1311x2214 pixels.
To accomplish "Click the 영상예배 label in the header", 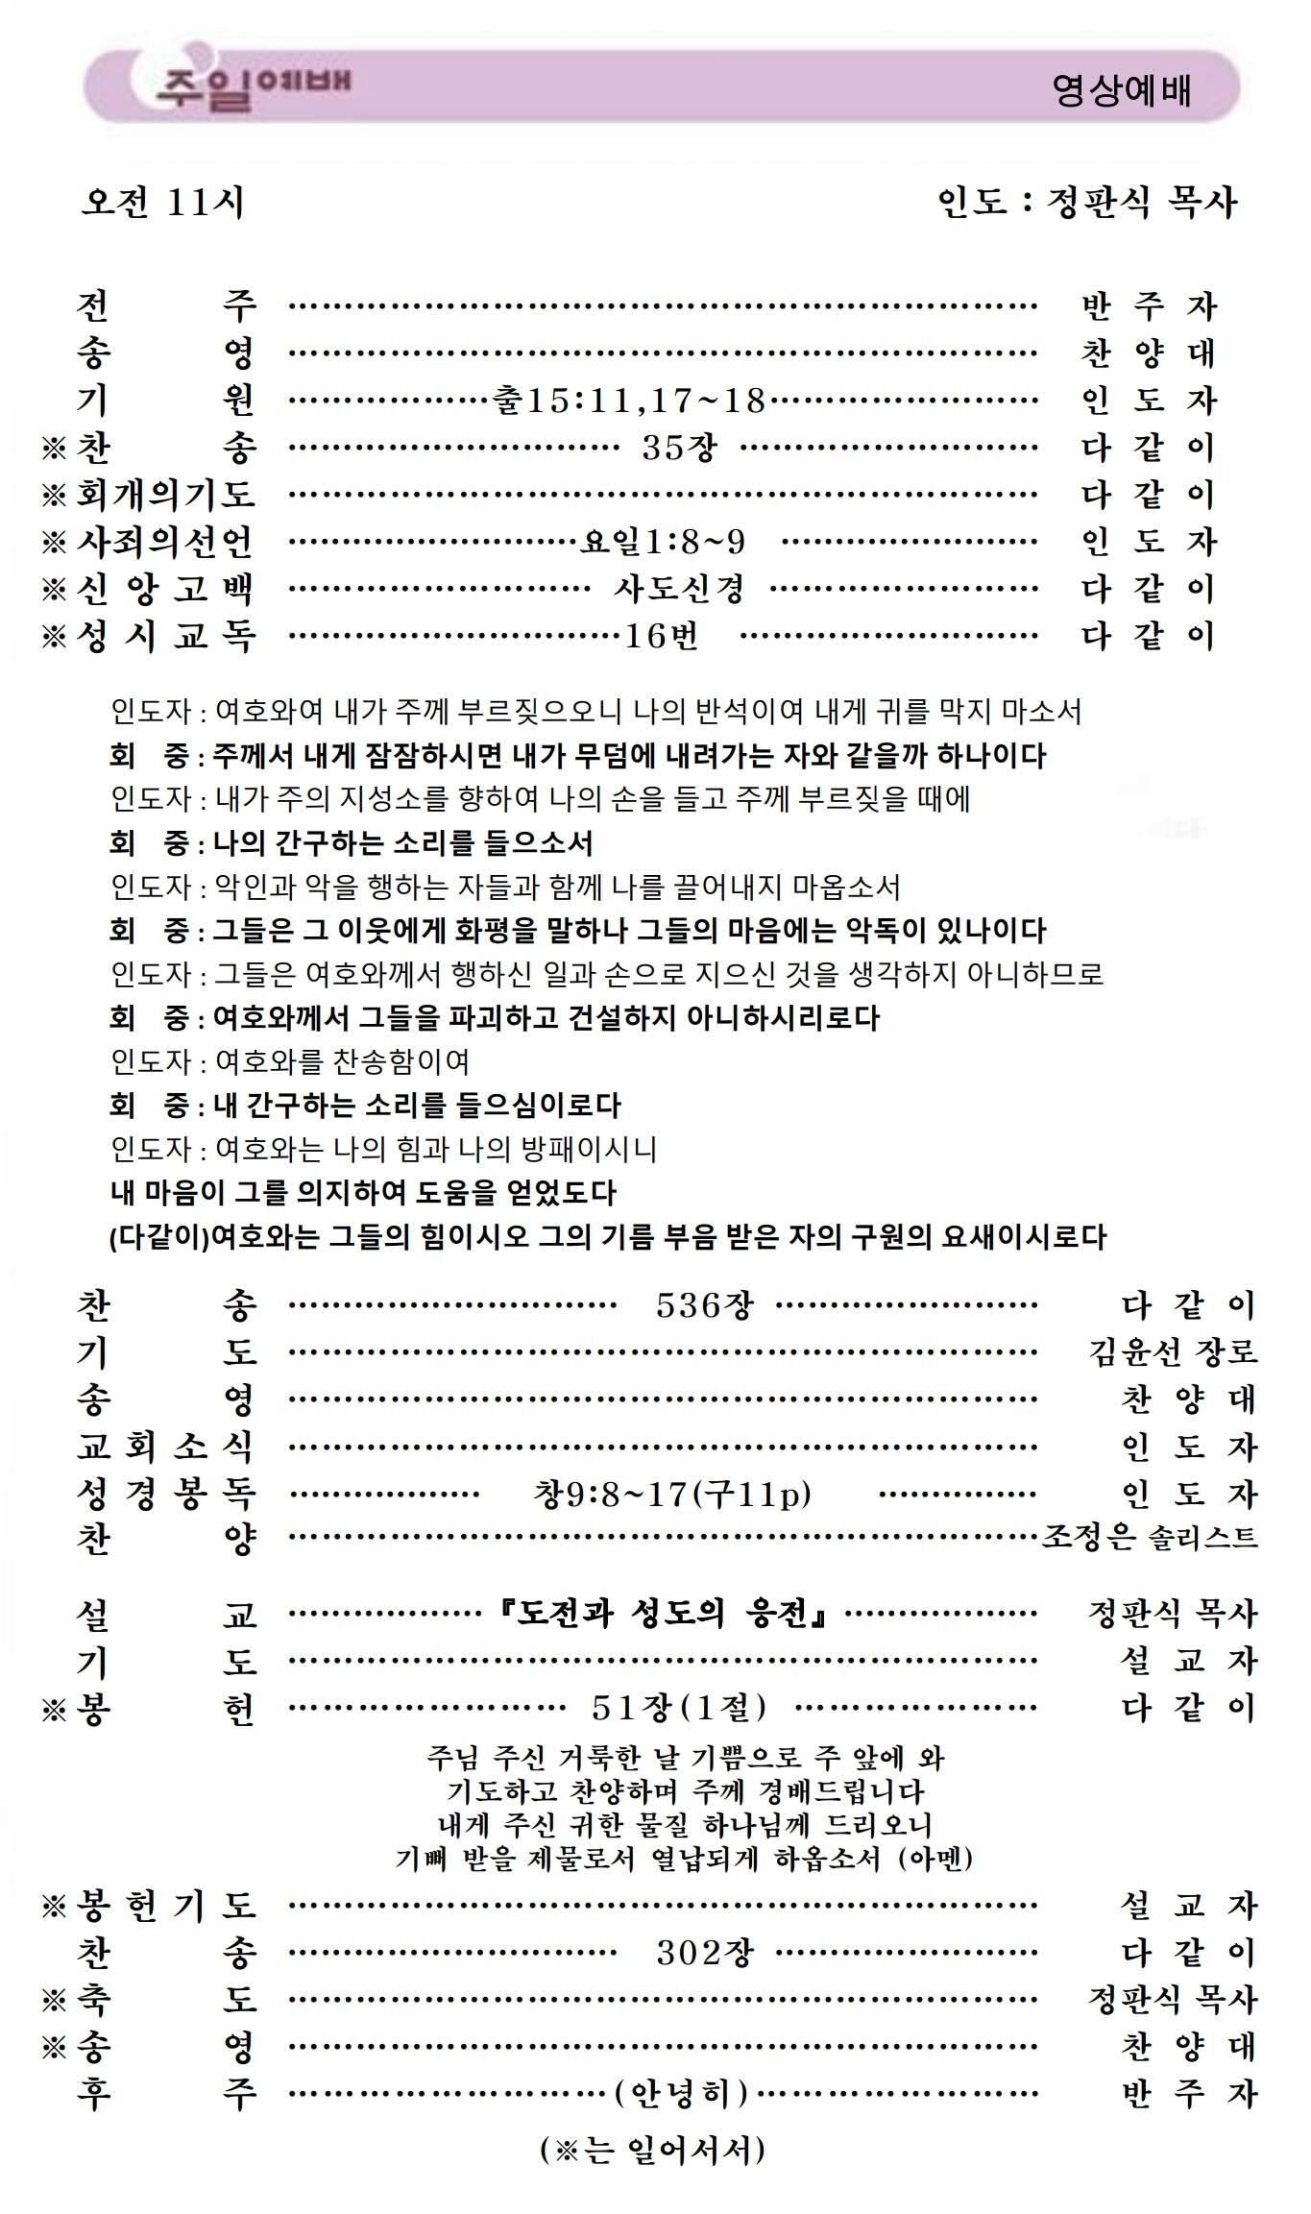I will [1121, 90].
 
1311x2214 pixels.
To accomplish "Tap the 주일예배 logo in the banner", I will [252, 85].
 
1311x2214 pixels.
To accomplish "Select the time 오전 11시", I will [162, 202].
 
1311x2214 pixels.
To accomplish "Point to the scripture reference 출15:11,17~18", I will [628, 400].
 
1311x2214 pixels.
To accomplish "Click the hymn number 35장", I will [680, 447].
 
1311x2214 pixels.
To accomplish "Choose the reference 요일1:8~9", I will [663, 542].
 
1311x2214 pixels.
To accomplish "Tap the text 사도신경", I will [679, 588].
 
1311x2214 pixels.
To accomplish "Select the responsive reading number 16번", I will [662, 635].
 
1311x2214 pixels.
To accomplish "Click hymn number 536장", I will [704, 1304].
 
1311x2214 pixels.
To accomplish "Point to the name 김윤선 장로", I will [1173, 1352].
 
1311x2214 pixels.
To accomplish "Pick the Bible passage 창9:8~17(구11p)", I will [671, 1494].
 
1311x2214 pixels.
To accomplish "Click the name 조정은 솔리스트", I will [1150, 1539].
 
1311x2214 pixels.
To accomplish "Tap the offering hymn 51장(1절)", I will [679, 1707].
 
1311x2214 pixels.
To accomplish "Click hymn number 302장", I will [704, 1952].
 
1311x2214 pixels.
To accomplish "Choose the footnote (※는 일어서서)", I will [653, 2150].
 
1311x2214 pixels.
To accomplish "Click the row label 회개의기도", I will [165, 494].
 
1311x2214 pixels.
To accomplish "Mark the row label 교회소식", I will [165, 1447].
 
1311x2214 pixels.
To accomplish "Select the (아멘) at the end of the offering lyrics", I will [935, 1859].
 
